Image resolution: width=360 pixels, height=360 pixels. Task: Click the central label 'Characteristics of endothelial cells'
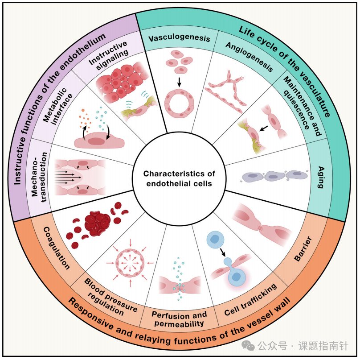179,178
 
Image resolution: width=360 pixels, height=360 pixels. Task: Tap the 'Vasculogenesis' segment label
179,38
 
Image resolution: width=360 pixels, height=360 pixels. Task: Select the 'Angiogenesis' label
250,57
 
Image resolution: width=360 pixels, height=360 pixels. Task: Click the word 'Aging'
321,177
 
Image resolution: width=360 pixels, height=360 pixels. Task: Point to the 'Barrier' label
303,249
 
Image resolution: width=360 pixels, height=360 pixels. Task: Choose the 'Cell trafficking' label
250,299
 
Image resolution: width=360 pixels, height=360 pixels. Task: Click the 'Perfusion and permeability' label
179,319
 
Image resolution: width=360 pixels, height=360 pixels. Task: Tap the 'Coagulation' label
57,248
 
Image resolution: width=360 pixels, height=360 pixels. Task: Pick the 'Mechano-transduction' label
39,177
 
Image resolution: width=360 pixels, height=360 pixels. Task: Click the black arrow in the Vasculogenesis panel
179,82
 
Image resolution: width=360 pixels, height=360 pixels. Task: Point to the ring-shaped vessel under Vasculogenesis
179,103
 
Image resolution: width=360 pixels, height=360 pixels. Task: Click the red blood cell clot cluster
97,223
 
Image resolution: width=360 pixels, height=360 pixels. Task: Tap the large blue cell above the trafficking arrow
215,240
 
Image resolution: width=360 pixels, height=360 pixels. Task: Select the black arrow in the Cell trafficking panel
223,252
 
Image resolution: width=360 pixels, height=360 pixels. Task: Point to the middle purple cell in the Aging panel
273,177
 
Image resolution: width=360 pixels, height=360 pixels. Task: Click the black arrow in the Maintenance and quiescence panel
264,128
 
